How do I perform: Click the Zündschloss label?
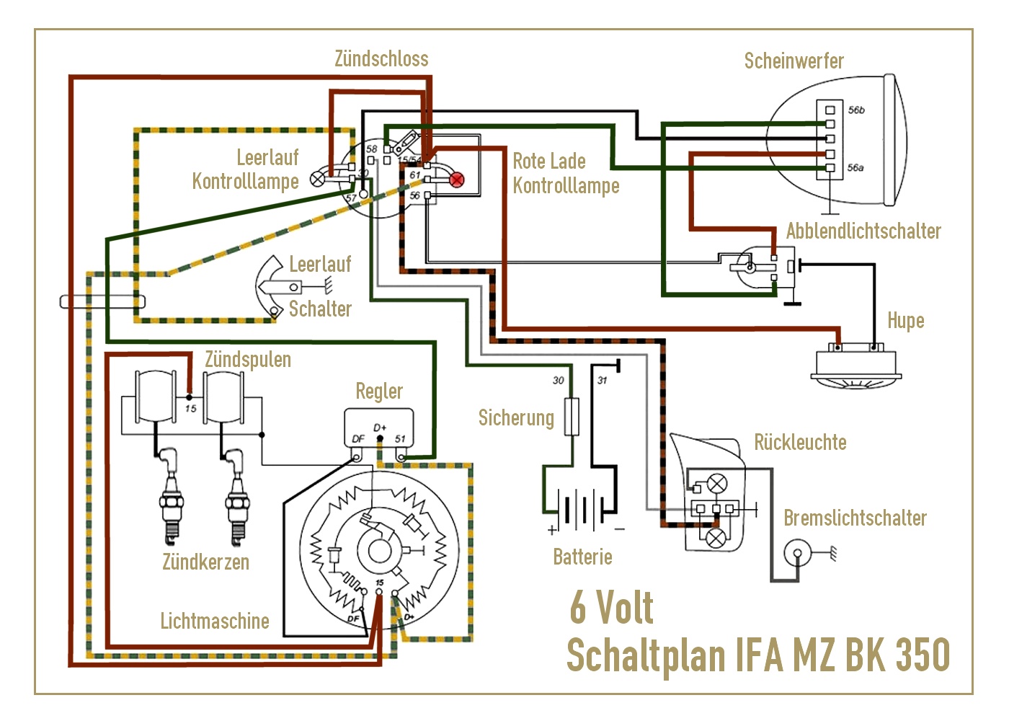[381, 59]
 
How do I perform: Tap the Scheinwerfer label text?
[794, 61]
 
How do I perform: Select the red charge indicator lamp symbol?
[457, 180]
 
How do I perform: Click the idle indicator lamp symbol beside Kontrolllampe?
[318, 179]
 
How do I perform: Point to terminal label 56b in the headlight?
[856, 110]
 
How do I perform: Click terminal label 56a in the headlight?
[855, 168]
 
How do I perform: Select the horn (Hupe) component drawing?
[856, 368]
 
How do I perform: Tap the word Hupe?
[905, 321]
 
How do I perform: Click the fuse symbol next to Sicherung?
[572, 416]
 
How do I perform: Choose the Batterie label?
[582, 557]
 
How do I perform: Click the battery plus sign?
[552, 530]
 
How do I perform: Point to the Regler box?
[379, 430]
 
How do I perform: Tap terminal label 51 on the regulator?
[400, 438]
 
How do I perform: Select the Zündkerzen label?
[205, 562]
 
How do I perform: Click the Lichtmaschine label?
[214, 621]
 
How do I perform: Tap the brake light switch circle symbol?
[798, 554]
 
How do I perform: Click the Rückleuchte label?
[800, 442]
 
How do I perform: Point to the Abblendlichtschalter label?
[863, 231]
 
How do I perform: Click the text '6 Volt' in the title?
[611, 608]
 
